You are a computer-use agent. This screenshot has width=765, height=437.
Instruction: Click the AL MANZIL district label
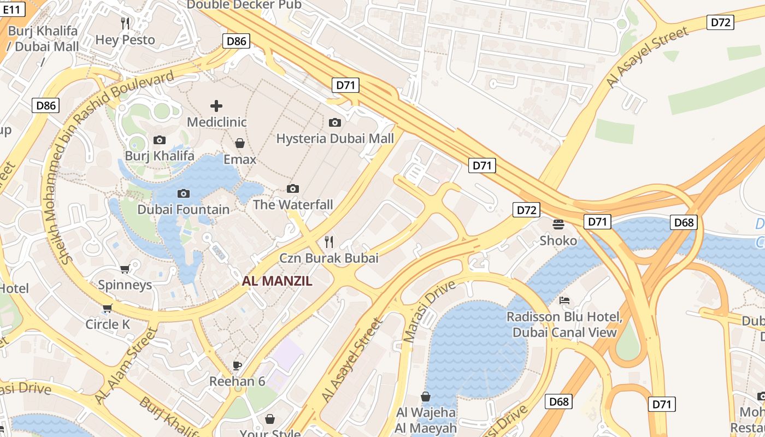coord(277,281)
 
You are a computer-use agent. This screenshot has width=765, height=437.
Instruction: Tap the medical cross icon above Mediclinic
coord(216,105)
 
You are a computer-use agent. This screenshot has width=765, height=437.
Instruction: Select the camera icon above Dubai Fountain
coord(184,193)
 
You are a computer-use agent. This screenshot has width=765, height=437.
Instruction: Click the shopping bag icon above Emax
coord(239,143)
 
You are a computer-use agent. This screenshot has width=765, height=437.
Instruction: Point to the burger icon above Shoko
coord(558,224)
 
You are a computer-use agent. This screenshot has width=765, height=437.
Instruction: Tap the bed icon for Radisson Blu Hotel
coord(564,300)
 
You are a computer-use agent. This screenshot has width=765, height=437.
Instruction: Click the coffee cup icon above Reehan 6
coord(237,365)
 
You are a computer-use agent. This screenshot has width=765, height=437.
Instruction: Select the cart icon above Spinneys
coord(125,269)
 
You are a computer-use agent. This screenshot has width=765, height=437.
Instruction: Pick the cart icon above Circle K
coord(108,308)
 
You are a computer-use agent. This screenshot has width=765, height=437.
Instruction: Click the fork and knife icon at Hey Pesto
coord(125,23)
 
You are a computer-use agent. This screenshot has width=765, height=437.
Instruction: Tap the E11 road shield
coord(14,9)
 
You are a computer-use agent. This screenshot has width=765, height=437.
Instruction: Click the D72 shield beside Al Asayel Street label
coord(720,22)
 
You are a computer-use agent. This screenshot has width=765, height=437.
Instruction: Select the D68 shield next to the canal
coord(684,222)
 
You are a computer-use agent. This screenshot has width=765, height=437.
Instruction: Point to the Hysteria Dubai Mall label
coord(335,138)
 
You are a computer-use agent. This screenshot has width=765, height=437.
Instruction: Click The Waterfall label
coord(293,205)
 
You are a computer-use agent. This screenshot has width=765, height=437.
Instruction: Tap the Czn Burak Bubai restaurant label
coord(329,258)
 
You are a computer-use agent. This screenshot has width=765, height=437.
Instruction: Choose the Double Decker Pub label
coord(244,5)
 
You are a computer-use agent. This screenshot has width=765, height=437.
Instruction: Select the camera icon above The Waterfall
coord(293,189)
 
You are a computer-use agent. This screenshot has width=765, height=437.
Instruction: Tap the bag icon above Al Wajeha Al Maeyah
coord(426,397)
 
